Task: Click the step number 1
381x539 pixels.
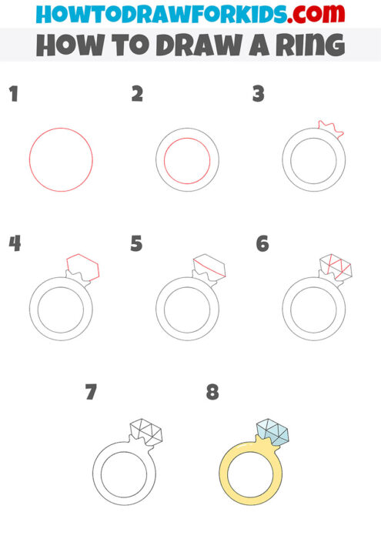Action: coord(12,95)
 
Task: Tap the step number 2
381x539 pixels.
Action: coord(137,95)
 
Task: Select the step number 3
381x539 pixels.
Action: coord(259,95)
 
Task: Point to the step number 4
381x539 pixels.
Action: coord(14,244)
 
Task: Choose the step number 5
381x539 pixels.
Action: coord(137,244)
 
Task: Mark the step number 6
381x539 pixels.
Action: coord(262,244)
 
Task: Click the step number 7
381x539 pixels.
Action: coord(91,393)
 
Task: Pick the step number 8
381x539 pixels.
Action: coord(212,393)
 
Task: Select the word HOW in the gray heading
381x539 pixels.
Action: coord(68,45)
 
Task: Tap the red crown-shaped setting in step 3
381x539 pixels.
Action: coord(330,129)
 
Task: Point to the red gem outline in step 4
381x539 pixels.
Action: coord(83,266)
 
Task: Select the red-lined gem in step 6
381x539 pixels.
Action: coord(335,266)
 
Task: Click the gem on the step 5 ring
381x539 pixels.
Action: coord(209,266)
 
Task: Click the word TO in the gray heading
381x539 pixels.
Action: coord(124,45)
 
